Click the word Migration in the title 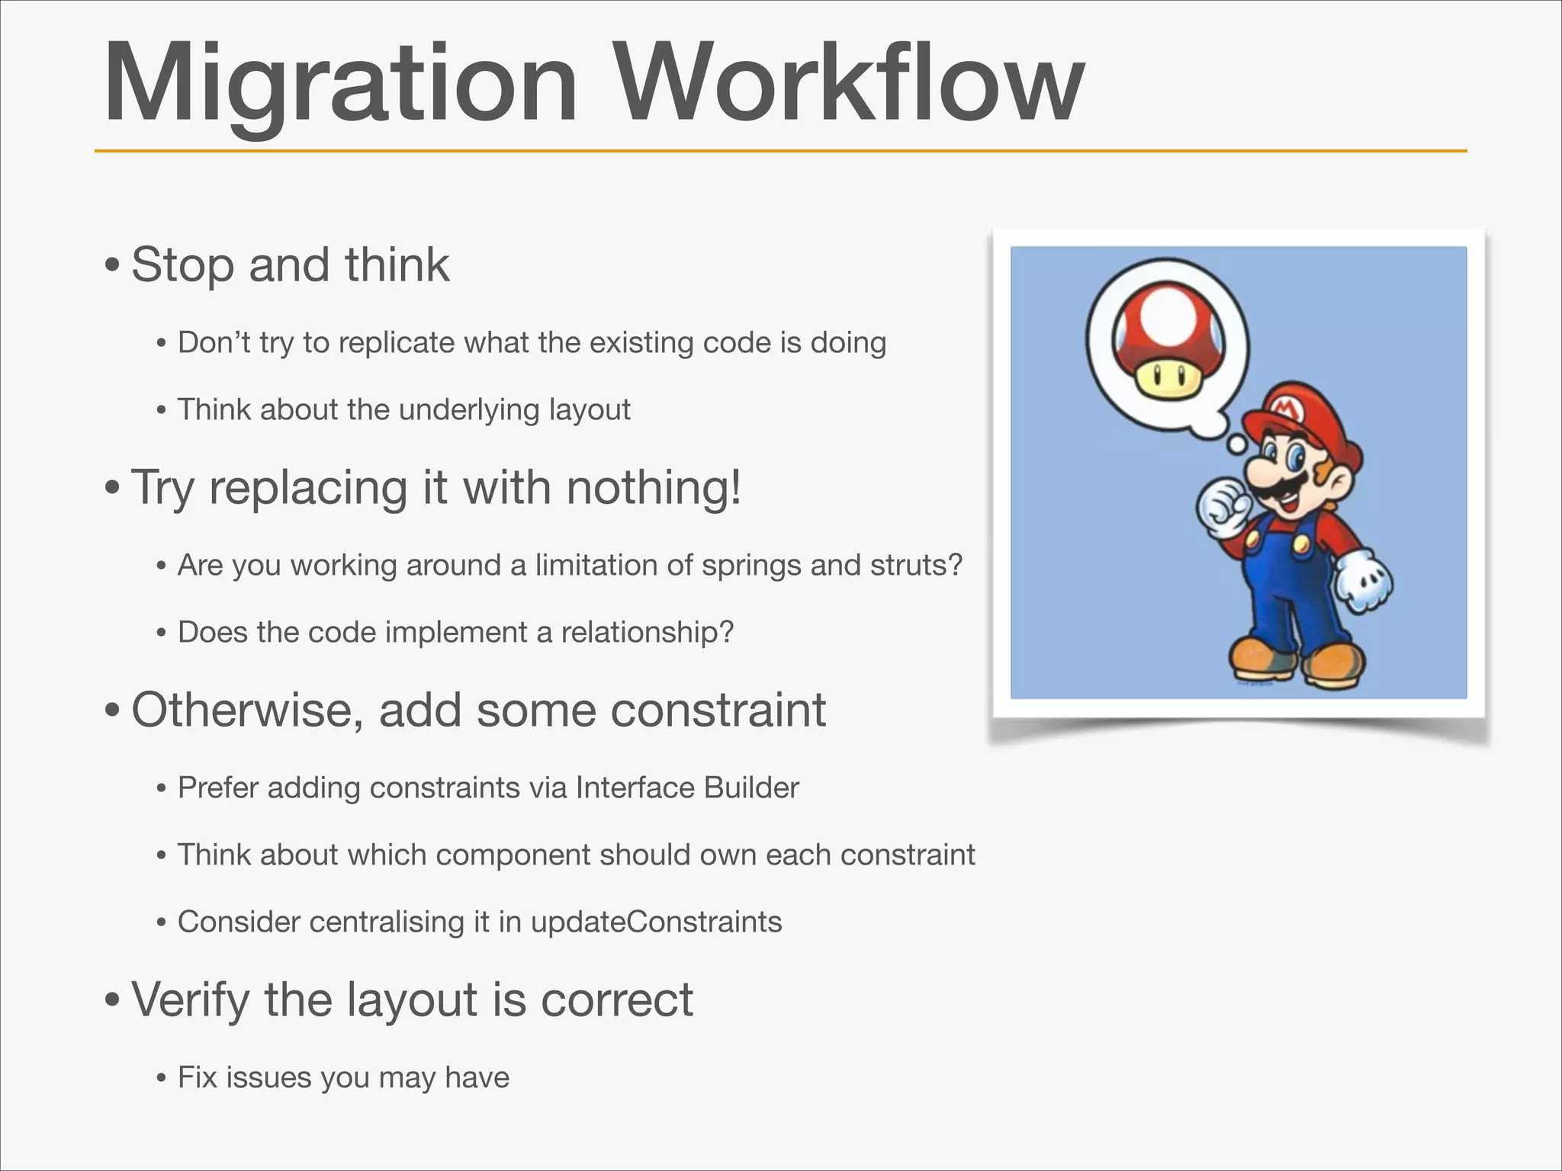(339, 84)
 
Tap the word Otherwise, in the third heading (248, 710)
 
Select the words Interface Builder (687, 788)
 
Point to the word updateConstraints (656, 922)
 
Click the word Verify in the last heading (190, 999)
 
